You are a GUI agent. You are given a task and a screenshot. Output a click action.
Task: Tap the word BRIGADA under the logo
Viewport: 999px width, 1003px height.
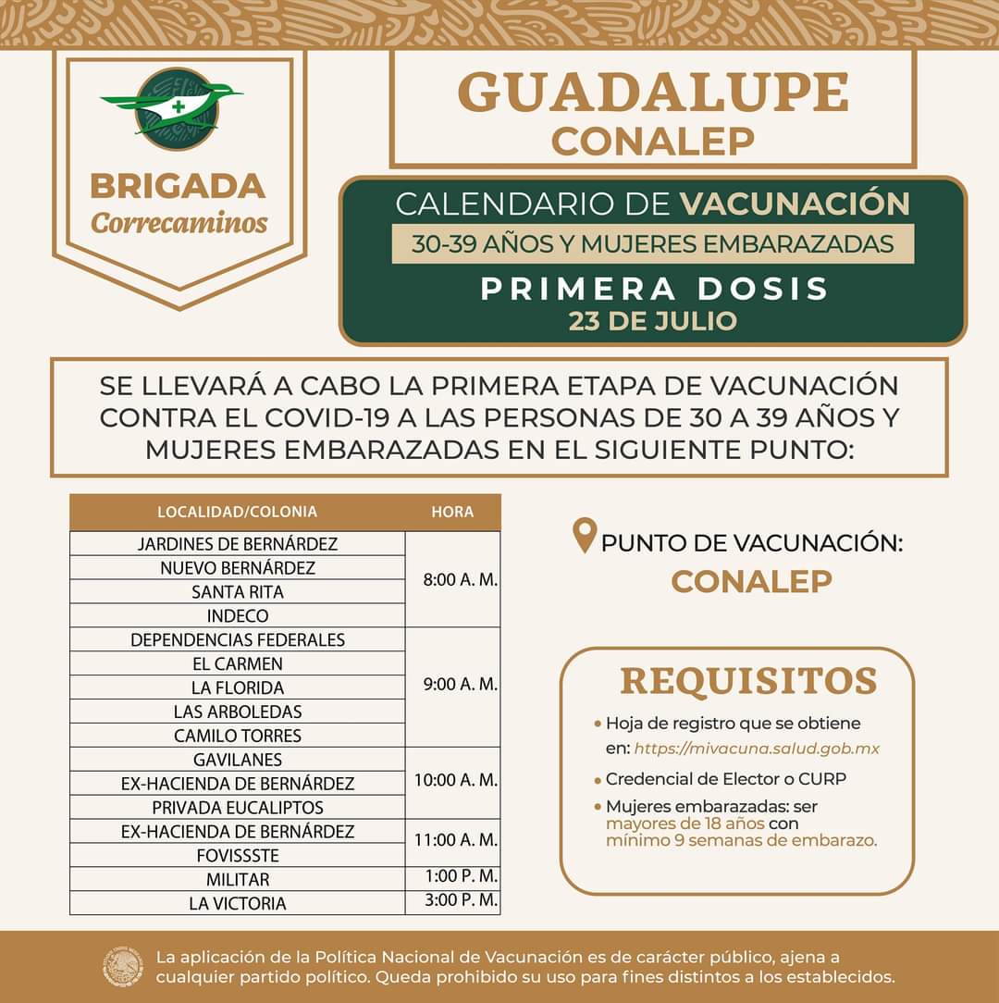[x=178, y=186]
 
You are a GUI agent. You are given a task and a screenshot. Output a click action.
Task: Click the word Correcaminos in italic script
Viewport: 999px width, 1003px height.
[x=179, y=224]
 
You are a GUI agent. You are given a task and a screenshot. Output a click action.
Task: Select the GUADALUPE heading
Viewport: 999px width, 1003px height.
[x=653, y=93]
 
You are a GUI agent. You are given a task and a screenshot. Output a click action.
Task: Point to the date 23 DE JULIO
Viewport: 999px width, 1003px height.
[x=652, y=321]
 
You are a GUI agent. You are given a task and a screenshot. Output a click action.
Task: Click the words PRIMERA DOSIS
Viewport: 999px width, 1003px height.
[x=654, y=288]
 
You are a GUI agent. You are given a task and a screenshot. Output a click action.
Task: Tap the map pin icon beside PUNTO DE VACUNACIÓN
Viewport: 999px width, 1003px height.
[x=584, y=537]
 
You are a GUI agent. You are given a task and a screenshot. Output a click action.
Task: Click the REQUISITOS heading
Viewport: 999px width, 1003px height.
[x=747, y=680]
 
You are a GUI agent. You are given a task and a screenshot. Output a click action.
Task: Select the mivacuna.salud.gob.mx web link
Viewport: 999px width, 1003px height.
[x=757, y=748]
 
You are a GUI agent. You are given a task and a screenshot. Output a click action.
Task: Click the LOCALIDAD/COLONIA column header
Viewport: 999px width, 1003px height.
[x=237, y=512]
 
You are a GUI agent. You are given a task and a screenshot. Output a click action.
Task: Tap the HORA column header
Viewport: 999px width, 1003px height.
[x=452, y=512]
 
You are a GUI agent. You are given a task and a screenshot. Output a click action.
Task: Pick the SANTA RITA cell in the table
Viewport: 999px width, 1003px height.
[x=238, y=591]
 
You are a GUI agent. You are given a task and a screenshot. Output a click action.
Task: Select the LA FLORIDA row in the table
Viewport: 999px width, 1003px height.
[x=238, y=687]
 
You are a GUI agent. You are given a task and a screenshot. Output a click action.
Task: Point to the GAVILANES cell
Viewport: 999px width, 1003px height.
[x=238, y=760]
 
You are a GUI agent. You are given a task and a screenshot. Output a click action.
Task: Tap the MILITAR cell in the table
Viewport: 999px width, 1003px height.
[x=238, y=879]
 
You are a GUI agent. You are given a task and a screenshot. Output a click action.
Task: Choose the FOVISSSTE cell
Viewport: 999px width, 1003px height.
[x=238, y=855]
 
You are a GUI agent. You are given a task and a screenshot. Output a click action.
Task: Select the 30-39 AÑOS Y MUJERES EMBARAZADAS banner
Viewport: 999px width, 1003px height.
[x=652, y=244]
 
